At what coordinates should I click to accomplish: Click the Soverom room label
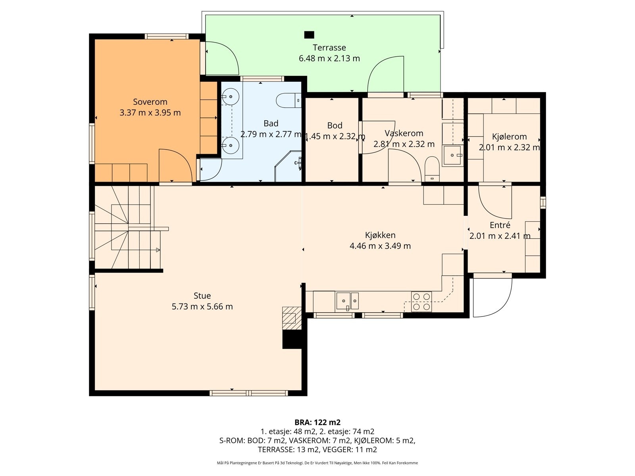click(x=150, y=102)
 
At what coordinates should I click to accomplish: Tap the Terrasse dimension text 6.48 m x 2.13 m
click(x=329, y=58)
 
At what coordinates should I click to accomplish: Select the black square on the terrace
click(x=309, y=35)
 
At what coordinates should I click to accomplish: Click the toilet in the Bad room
click(x=289, y=100)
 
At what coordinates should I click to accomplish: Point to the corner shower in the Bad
click(x=288, y=166)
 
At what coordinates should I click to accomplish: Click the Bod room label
click(x=335, y=125)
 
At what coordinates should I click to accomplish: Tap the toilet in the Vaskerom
click(x=432, y=169)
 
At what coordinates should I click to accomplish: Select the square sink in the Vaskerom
click(x=452, y=155)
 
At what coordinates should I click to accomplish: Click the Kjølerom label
click(x=509, y=136)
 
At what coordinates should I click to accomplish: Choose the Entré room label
click(x=500, y=225)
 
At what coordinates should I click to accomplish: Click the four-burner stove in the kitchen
click(x=421, y=302)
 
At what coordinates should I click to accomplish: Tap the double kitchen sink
click(x=347, y=301)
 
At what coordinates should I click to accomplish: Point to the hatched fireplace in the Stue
click(x=292, y=318)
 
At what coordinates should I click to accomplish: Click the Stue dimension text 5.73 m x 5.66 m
click(x=202, y=306)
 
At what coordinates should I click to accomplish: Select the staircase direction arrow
click(x=158, y=250)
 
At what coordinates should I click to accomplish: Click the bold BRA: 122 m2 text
click(x=317, y=422)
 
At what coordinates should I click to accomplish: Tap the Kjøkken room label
click(x=380, y=235)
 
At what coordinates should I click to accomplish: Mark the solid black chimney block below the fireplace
click(x=292, y=339)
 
